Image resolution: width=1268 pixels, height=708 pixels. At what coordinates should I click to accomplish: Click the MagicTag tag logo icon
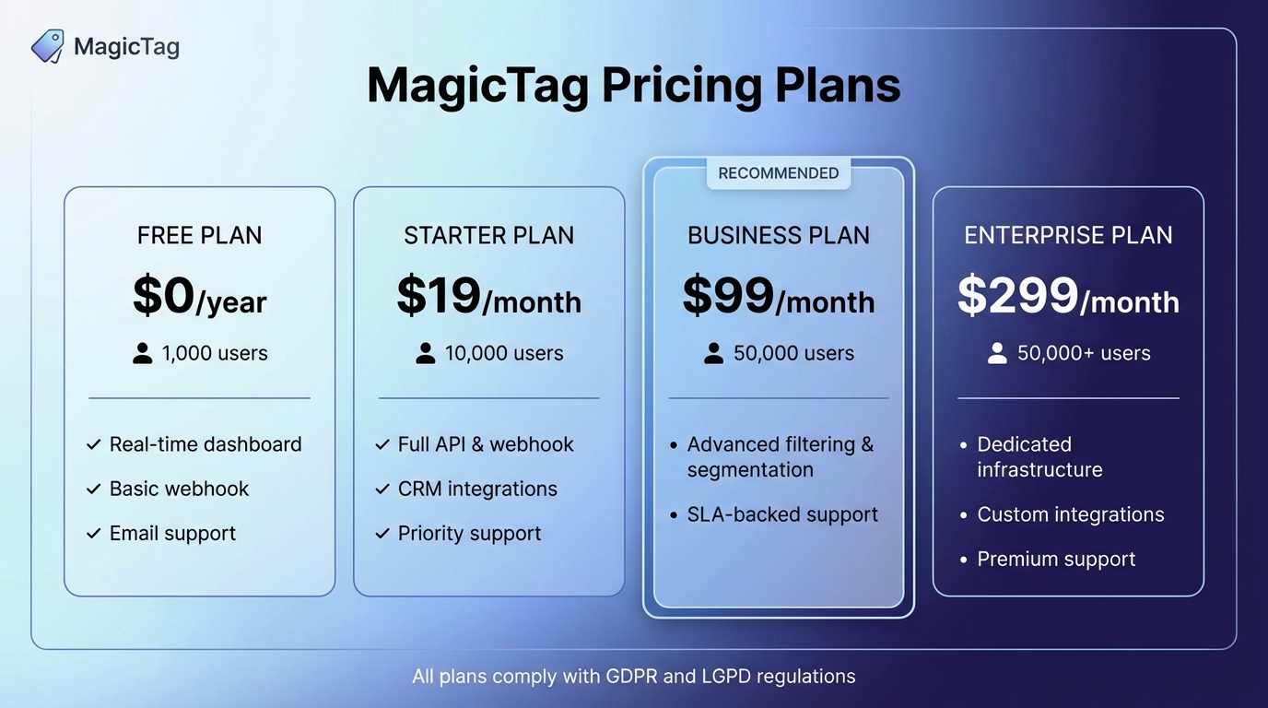pos(47,45)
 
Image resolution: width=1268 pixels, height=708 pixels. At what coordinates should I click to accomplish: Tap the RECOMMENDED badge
pos(779,173)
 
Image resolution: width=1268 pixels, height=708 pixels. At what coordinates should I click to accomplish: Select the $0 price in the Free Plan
pos(164,296)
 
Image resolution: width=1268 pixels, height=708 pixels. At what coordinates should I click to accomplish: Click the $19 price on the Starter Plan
pos(439,296)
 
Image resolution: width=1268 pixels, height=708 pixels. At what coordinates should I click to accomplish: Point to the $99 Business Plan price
pos(728,296)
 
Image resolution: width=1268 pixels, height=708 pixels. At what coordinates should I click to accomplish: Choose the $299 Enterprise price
pos(1017,296)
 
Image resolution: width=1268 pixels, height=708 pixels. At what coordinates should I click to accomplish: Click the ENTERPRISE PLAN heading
pos(1068,235)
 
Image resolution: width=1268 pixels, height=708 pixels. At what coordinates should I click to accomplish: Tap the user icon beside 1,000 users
pos(142,353)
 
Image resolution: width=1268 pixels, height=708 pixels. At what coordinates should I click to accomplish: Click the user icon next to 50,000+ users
pos(997,353)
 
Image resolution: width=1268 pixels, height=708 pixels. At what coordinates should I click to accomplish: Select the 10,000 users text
pos(504,353)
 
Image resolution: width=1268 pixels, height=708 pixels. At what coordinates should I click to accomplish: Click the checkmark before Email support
pos(93,534)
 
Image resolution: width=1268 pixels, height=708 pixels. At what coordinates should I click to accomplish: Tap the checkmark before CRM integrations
pos(382,490)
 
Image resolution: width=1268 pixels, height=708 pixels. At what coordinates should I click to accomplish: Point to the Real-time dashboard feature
pos(205,444)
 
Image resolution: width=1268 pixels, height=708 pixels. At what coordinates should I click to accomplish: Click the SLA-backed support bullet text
pos(782,514)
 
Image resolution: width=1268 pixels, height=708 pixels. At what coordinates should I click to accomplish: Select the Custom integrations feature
pos(1071,514)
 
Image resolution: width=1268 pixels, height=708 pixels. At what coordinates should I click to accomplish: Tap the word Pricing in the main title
pos(681,85)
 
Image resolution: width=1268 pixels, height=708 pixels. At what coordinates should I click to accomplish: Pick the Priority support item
pos(469,534)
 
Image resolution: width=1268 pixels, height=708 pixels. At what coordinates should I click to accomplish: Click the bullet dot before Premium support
pos(963,560)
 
